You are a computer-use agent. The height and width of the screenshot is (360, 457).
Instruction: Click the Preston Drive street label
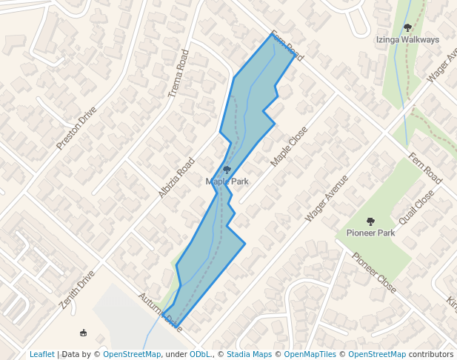click(x=77, y=127)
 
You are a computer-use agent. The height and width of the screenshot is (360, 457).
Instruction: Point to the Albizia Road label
click(x=176, y=177)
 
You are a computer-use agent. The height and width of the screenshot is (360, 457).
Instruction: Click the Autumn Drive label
click(x=159, y=310)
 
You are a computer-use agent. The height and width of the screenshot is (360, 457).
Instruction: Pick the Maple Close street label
click(x=289, y=146)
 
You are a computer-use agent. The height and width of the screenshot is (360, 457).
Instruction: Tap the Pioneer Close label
click(x=374, y=272)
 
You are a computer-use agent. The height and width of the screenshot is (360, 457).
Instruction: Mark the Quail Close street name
click(x=416, y=210)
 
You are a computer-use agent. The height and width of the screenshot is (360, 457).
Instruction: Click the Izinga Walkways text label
click(x=407, y=39)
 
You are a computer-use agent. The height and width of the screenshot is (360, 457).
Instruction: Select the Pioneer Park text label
click(x=370, y=233)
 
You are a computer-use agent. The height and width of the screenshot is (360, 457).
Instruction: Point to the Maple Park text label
click(x=227, y=181)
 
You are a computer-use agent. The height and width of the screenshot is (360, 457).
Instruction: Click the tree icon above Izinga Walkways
click(x=407, y=27)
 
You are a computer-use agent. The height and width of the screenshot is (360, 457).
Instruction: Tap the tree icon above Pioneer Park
click(x=370, y=221)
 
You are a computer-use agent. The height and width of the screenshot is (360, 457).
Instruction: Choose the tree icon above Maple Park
click(x=227, y=170)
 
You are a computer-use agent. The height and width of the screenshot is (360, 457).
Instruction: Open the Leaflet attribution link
click(x=42, y=354)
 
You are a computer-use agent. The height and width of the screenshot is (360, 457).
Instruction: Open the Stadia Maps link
click(x=249, y=354)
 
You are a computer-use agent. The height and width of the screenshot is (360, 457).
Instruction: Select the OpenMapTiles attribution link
click(x=310, y=354)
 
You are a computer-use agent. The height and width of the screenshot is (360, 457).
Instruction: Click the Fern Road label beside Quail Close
click(x=425, y=170)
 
